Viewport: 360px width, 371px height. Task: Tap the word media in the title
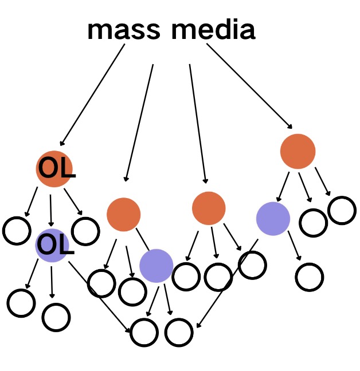[x=213, y=31]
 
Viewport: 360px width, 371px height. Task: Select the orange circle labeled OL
[x=54, y=168]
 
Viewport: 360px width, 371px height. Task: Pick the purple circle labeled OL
[x=53, y=245]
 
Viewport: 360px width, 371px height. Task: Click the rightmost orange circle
[x=298, y=151]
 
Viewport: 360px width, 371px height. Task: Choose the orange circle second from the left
[x=123, y=214]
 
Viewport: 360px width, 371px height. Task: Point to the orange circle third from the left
[x=209, y=208]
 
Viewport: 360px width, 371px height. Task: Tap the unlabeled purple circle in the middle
[x=156, y=266]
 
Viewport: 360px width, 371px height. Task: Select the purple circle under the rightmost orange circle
[x=272, y=219]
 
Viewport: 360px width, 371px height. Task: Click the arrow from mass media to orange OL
[x=92, y=95]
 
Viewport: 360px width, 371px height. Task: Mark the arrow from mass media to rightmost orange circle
[x=250, y=86]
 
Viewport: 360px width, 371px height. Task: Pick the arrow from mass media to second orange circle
[x=139, y=123]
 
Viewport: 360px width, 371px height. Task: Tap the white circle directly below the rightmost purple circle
[x=310, y=277]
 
